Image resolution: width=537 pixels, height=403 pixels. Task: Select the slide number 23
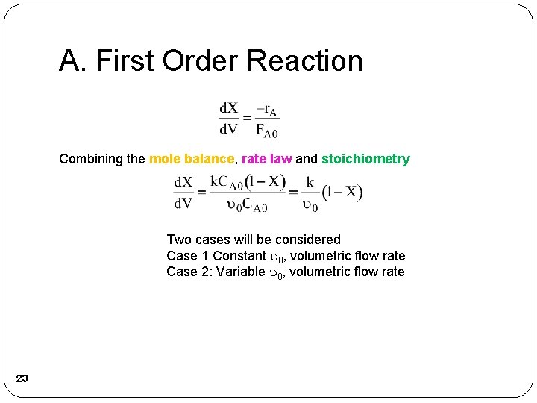22,379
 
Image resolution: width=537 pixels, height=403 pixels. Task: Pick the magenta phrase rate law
266,159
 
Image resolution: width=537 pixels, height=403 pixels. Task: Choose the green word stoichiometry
365,159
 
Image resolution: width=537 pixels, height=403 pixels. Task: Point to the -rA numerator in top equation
267,110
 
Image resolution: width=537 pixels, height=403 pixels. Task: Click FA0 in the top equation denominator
267,130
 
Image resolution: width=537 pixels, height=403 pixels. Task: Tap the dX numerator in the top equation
228,110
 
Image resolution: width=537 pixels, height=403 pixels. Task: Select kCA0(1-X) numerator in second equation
248,181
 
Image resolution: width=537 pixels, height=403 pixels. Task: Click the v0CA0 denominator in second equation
247,204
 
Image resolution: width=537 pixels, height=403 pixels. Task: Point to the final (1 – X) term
342,193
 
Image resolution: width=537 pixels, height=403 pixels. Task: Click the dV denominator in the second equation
183,203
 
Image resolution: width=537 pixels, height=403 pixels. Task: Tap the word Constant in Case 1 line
239,256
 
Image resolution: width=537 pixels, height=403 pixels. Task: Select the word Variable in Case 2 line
240,272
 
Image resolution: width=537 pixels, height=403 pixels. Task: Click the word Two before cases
179,240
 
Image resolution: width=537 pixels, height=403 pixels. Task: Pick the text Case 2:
189,272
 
